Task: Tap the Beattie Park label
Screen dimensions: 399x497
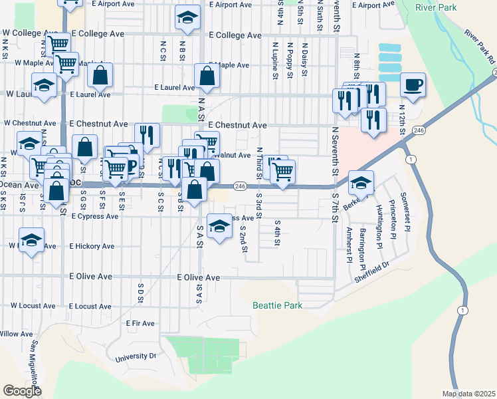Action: pyautogui.click(x=277, y=305)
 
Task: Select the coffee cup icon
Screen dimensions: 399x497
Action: pyautogui.click(x=413, y=84)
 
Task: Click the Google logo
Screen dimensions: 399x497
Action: pyautogui.click(x=22, y=390)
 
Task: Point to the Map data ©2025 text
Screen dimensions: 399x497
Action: pyautogui.click(x=468, y=393)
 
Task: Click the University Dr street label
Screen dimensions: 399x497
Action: pyautogui.click(x=135, y=356)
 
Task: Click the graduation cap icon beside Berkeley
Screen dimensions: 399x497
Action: pyautogui.click(x=361, y=182)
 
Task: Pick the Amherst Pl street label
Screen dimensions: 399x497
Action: pyautogui.click(x=349, y=245)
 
